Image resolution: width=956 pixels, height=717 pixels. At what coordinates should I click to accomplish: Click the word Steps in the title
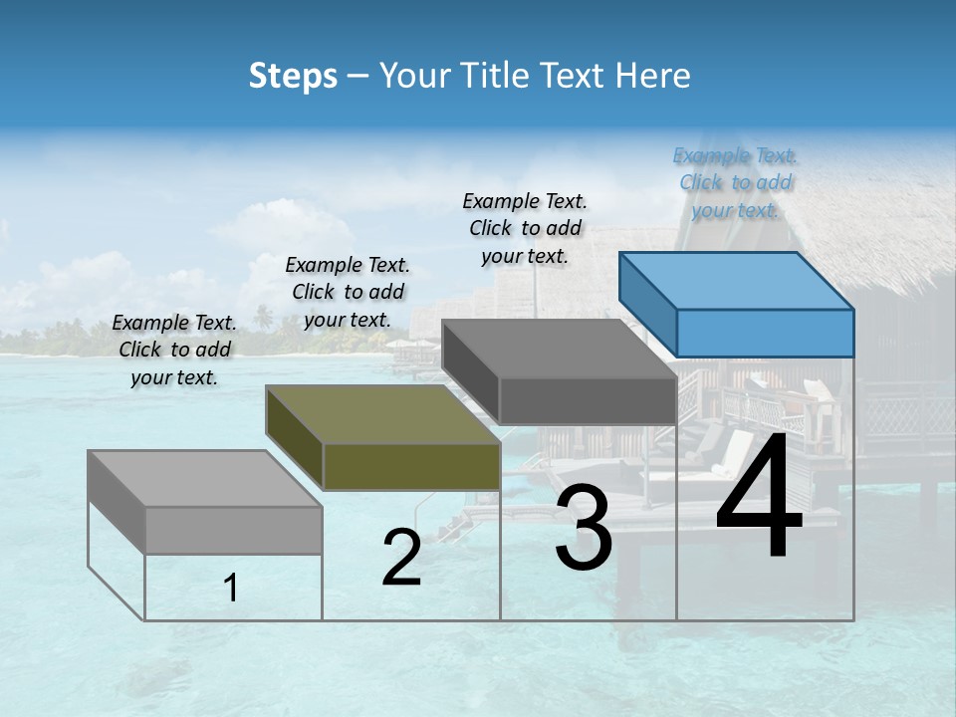pos(293,76)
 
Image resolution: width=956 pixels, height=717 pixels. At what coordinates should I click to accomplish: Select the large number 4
pos(759,498)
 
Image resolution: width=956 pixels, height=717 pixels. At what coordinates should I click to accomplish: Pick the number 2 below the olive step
pos(401,558)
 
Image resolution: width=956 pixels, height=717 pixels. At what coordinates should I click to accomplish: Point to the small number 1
pos(231,588)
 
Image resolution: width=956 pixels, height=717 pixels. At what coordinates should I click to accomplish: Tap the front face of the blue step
pos(765,333)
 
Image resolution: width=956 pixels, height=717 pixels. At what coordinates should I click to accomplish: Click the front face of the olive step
pos(411,466)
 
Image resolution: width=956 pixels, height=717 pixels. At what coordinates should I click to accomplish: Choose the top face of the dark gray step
pos(560,349)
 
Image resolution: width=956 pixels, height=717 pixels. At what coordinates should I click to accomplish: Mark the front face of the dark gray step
pos(588,400)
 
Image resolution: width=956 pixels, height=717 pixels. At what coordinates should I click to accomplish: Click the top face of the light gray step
pos(205,479)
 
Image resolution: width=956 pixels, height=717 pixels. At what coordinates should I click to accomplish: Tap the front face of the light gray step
pos(233,530)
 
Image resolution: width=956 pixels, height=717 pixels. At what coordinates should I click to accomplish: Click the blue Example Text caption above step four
pos(735,182)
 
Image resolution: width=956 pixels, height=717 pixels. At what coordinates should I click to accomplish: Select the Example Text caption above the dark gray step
pos(525,228)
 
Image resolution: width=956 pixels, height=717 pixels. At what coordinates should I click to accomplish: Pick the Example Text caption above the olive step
pos(348,292)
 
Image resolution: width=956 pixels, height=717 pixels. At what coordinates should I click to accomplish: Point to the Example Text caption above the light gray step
pos(174,350)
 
